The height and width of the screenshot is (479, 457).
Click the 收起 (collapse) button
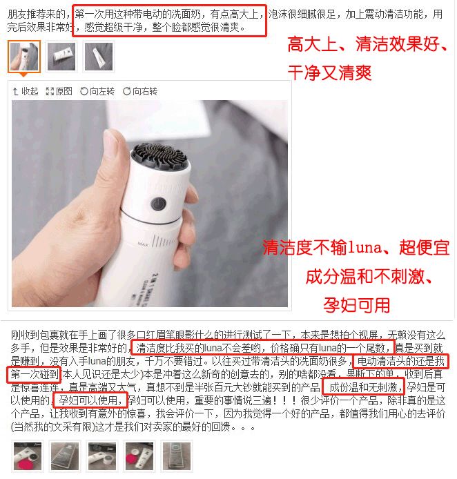[x=26, y=91]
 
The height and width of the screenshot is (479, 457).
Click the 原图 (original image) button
[x=59, y=91]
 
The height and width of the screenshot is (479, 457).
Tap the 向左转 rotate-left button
[x=97, y=91]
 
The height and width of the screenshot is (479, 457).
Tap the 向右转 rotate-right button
[x=140, y=91]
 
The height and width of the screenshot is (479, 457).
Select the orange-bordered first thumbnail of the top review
[x=24, y=57]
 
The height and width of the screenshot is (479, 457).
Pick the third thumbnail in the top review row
[x=99, y=57]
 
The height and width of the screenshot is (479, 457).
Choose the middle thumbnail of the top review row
[x=61, y=57]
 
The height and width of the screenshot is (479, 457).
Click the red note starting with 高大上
[x=367, y=46]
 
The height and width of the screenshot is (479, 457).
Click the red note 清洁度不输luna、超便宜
[x=356, y=248]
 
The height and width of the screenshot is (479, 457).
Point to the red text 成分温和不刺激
[x=369, y=277]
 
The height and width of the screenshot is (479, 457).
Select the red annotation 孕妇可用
[x=356, y=304]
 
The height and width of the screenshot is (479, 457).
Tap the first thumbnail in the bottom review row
[x=28, y=456]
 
